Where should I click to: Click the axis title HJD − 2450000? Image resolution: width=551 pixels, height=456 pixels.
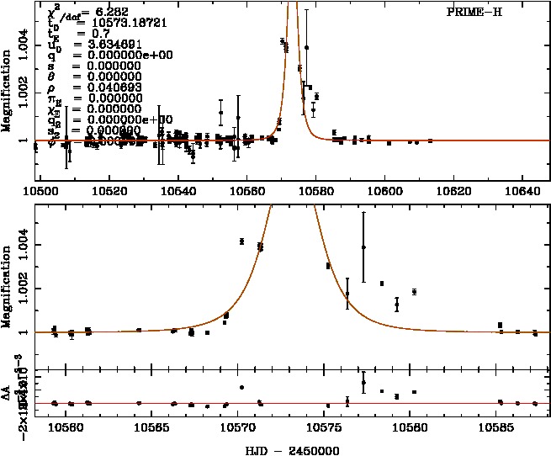coord(292,449)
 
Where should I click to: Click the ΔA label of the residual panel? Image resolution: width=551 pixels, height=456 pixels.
coord(7,395)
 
